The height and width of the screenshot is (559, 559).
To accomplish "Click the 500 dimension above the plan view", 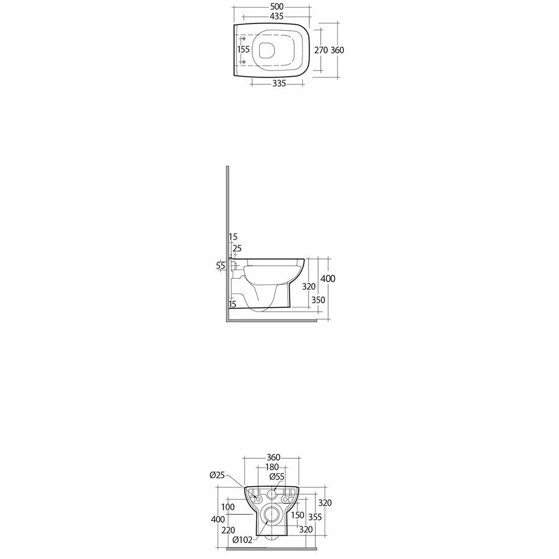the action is coord(277,7).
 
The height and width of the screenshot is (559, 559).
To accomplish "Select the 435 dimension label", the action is coord(277,16).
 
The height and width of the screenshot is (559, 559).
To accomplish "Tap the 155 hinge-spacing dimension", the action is coord(244,50).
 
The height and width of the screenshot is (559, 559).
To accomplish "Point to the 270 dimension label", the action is coord(321,50).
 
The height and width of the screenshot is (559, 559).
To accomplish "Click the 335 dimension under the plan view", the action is coord(279,83).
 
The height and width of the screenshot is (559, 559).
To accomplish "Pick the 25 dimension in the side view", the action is coord(237,248).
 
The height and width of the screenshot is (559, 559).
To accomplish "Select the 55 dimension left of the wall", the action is coord(221,266).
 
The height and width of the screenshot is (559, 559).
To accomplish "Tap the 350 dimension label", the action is coord(318,300).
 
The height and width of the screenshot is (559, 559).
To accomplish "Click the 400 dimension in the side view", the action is coord(328,278).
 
